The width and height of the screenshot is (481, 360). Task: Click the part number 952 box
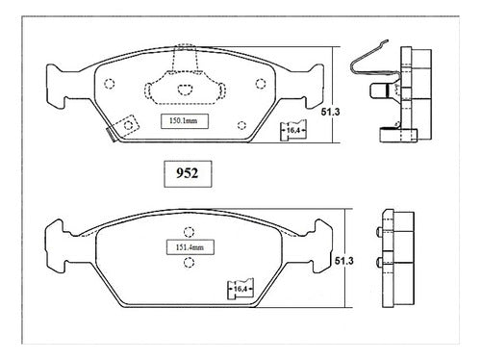click(188, 173)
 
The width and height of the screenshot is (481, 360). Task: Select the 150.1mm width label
click(185, 121)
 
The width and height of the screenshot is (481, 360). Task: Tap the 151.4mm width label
click(190, 247)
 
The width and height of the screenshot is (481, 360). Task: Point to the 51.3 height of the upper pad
click(330, 112)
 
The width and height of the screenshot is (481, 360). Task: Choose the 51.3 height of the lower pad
click(344, 261)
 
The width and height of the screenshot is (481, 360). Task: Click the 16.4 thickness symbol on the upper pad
click(293, 130)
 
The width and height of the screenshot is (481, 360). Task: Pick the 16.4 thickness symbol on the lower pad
click(240, 289)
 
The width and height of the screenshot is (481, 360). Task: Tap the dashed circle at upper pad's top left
click(110, 84)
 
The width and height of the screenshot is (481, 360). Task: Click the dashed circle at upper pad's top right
click(261, 84)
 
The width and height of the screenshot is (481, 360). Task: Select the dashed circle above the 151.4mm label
click(189, 232)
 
